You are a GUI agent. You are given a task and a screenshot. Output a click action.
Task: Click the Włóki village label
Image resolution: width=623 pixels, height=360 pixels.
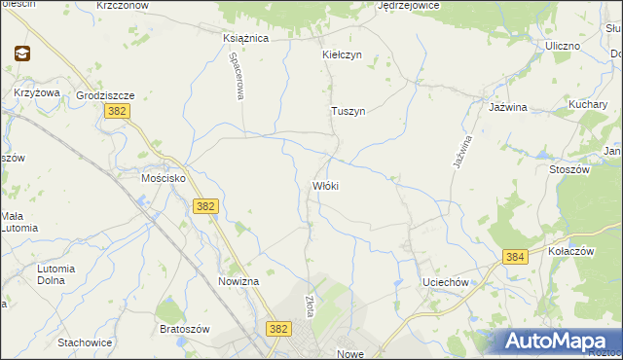click(x=325, y=185)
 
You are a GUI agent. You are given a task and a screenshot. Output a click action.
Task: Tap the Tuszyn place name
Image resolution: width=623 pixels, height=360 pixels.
click(x=348, y=111)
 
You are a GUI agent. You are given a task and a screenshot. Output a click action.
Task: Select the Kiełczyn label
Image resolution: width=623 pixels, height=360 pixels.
click(x=342, y=54)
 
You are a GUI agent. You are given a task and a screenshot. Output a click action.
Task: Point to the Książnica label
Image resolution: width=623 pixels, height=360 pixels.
click(x=245, y=38)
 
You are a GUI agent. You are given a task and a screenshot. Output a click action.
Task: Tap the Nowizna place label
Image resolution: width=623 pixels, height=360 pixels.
click(x=238, y=281)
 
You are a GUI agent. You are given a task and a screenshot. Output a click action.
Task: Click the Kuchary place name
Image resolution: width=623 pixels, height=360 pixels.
click(x=588, y=104)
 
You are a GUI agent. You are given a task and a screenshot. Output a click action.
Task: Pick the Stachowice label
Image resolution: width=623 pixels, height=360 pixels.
click(x=86, y=342)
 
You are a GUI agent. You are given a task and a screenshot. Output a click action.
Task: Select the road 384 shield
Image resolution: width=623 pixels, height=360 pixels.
click(x=516, y=256)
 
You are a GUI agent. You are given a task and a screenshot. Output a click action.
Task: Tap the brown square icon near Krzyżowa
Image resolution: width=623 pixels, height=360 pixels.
click(x=21, y=54)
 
